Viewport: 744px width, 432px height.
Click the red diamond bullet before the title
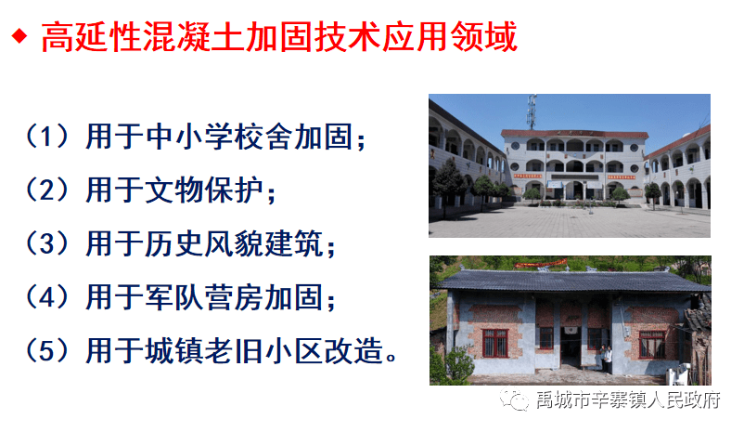pyautogui.click(x=19, y=36)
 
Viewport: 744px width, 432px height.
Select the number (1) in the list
pyautogui.click(x=47, y=137)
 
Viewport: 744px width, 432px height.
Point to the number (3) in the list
pyautogui.click(x=47, y=243)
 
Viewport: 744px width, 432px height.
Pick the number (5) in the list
pyautogui.click(x=47, y=351)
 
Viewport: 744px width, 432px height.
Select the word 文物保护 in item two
pyautogui.click(x=204, y=190)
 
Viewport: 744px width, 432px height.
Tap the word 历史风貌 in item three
pyautogui.click(x=204, y=243)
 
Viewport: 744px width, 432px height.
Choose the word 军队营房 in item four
pyautogui.click(x=204, y=297)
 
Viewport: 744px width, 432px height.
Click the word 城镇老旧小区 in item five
pyautogui.click(x=234, y=351)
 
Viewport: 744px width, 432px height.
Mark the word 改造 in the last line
pyautogui.click(x=353, y=351)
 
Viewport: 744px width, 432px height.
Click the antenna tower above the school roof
pyautogui.click(x=532, y=111)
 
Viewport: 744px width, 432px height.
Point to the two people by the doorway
pyautogui.click(x=606, y=359)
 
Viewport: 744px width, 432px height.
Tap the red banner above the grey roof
pyautogui.click(x=541, y=263)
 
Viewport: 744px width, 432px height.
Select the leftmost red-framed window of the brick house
pyautogui.click(x=494, y=343)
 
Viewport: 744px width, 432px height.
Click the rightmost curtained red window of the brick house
pyautogui.click(x=651, y=345)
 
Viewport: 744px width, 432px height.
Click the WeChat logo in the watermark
pyautogui.click(x=514, y=399)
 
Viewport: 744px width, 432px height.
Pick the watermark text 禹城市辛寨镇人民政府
pyautogui.click(x=628, y=400)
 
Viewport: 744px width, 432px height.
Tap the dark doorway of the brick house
pyautogui.click(x=571, y=346)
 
